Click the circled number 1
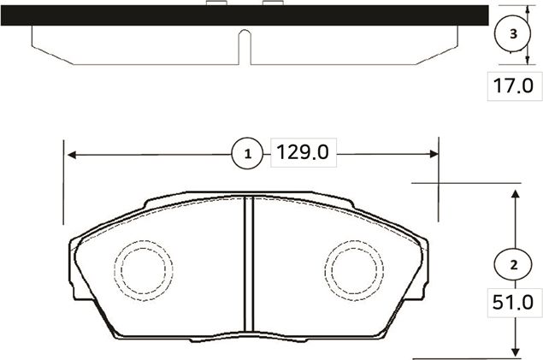[x=248, y=155]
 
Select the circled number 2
[x=513, y=264]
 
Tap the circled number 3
[x=512, y=34]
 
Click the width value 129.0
[x=301, y=154]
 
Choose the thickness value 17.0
[x=512, y=86]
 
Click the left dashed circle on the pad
[x=146, y=269]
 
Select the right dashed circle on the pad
[x=356, y=269]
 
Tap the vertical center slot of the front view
[x=247, y=265]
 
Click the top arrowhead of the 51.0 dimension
[x=515, y=195]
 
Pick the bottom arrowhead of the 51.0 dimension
[x=515, y=351]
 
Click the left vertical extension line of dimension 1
[x=65, y=180]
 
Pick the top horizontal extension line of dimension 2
[x=466, y=183]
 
